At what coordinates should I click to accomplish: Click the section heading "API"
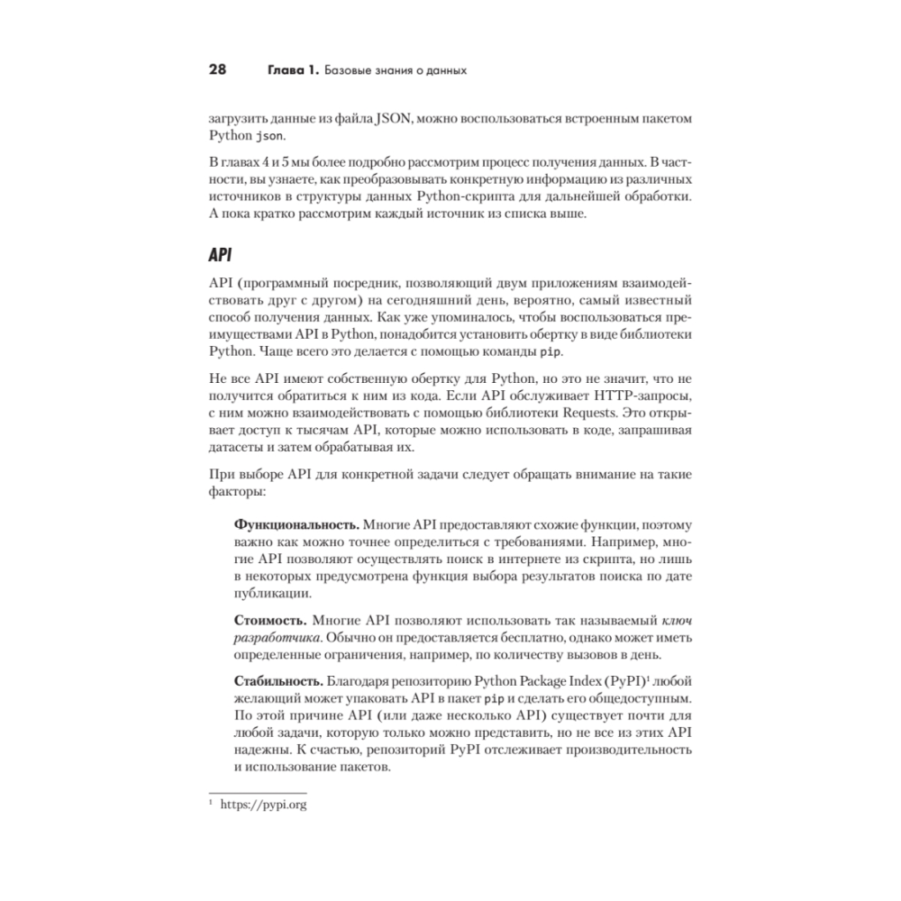221,255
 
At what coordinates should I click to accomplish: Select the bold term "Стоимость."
271,621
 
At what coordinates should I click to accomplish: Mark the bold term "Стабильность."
280,681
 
